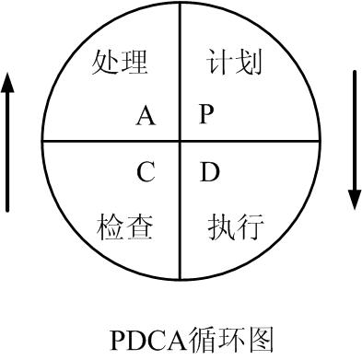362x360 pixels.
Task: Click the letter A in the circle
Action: (x=146, y=115)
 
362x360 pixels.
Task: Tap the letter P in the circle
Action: (x=206, y=114)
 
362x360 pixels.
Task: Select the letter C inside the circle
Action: (x=146, y=171)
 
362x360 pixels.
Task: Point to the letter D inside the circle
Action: (x=209, y=171)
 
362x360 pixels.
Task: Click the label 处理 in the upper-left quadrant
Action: (x=120, y=63)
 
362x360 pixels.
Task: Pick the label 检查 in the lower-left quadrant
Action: (x=124, y=226)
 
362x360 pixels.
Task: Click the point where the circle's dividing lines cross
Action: (x=180, y=142)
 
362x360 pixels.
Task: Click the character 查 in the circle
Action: (x=138, y=226)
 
